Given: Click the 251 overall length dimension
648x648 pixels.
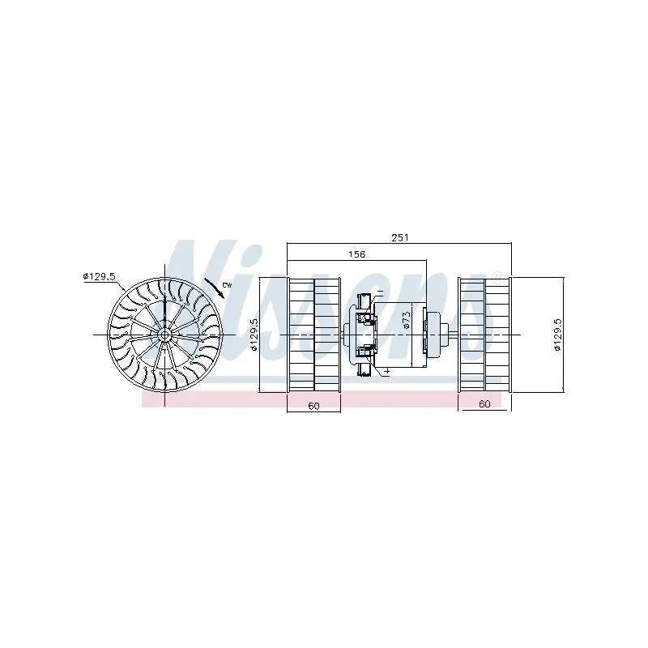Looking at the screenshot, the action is click(399, 237).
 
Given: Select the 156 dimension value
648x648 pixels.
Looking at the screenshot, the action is click(356, 254).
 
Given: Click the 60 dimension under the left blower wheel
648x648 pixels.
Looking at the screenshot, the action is click(313, 406).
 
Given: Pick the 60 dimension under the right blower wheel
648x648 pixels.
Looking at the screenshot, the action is click(484, 403).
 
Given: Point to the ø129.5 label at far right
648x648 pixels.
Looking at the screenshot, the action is click(557, 335).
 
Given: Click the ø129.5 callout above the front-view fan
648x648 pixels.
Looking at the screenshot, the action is click(99, 276).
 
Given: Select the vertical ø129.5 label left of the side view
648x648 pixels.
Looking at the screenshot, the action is click(254, 335).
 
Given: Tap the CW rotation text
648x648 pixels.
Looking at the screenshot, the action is click(226, 285).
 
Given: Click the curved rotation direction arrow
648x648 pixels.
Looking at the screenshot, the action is click(215, 288).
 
